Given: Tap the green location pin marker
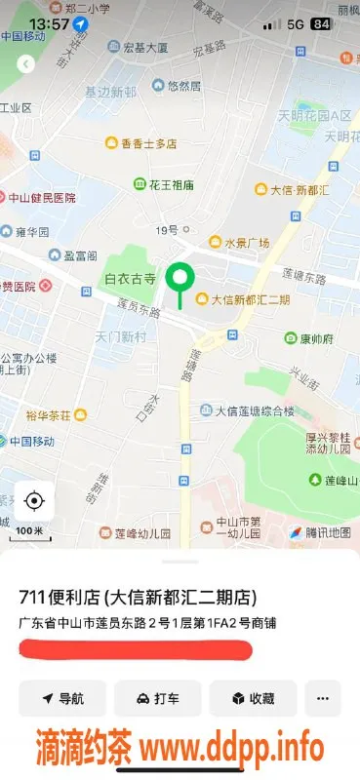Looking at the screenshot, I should [x=179, y=279].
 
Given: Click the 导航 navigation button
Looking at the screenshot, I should [x=62, y=698].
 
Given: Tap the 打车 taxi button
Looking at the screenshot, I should [x=157, y=698].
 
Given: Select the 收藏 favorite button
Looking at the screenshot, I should [x=252, y=698].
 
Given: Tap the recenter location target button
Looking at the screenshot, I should [x=34, y=501].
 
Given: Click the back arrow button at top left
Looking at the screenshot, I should [x=26, y=63].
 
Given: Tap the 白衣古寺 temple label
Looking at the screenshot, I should [x=130, y=278].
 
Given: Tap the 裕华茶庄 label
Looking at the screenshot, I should [x=48, y=415].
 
